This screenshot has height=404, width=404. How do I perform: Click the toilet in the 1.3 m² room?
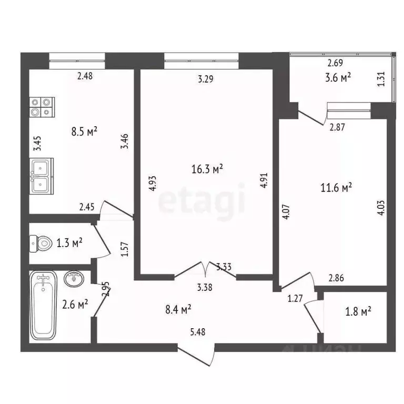click(x=42, y=243)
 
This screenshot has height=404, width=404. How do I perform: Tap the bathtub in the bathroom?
click(x=43, y=305)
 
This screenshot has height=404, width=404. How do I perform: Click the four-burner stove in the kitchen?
click(x=42, y=107)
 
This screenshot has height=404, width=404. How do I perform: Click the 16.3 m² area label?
click(x=207, y=169)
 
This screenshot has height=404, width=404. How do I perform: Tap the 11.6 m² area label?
click(x=336, y=187)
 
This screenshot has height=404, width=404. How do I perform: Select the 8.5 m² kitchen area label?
click(x=85, y=132)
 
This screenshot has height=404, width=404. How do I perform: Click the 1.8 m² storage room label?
click(x=358, y=311)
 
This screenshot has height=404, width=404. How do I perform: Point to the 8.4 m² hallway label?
click(x=177, y=311)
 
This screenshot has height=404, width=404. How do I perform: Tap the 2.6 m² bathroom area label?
click(x=74, y=304)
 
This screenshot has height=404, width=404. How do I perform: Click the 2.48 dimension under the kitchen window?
click(x=85, y=76)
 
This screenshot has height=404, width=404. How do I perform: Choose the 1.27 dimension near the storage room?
click(x=295, y=299)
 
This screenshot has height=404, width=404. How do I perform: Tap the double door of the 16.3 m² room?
click(x=205, y=268)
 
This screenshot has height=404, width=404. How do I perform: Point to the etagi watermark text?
click(x=203, y=200)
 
